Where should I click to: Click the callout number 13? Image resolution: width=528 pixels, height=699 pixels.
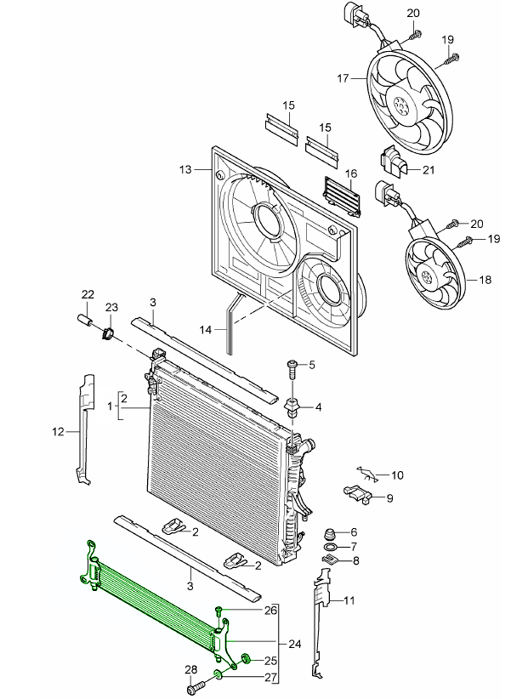(187, 169)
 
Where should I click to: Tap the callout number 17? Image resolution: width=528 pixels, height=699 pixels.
(343, 78)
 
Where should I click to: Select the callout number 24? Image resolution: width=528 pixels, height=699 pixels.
(295, 644)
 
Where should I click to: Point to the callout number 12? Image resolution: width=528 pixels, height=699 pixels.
(58, 431)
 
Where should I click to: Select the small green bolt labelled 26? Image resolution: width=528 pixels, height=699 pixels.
(219, 611)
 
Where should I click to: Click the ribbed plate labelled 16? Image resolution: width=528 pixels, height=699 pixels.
(342, 194)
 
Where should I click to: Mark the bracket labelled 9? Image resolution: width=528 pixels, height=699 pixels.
(358, 492)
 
